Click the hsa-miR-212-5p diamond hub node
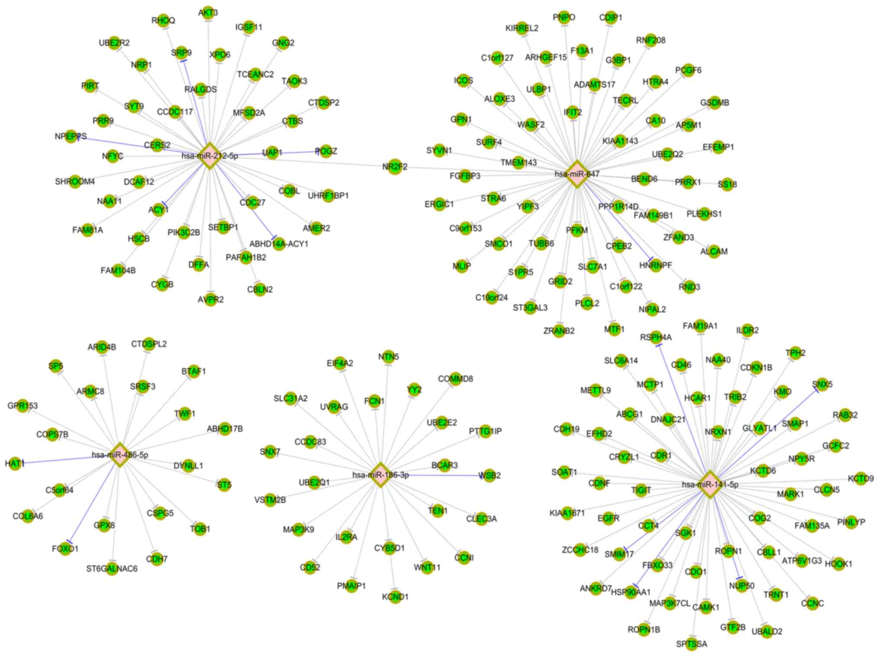pyautogui.click(x=209, y=155)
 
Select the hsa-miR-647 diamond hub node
pyautogui.click(x=577, y=174)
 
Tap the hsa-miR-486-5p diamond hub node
pyautogui.click(x=120, y=455)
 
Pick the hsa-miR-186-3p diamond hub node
pyautogui.click(x=380, y=475)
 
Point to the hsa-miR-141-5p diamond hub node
pyautogui.click(x=710, y=484)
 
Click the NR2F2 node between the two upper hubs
pyautogui.click(x=394, y=167)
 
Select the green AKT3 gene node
pyautogui.click(x=208, y=13)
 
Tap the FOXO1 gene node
pyautogui.click(x=65, y=549)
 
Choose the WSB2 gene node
pyautogui.click(x=489, y=476)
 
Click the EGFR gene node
pyautogui.click(x=608, y=518)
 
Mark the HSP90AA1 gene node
pyautogui.click(x=631, y=592)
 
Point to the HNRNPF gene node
pyautogui.click(x=655, y=265)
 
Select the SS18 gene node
pyautogui.click(x=727, y=184)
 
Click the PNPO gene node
pyautogui.click(x=564, y=17)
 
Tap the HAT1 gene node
pyautogui.click(x=15, y=464)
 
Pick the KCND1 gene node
pyautogui.click(x=395, y=597)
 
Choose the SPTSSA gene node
pyautogui.click(x=692, y=644)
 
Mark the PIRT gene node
pyautogui.click(x=90, y=86)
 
